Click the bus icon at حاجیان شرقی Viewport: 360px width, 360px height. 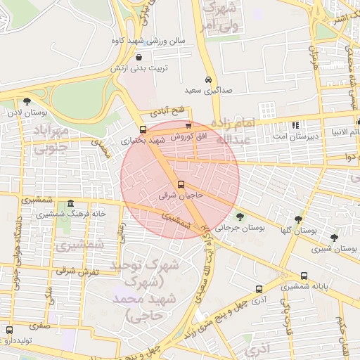coord(181,184)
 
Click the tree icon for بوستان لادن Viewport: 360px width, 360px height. coord(27,101)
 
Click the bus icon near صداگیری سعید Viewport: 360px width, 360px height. coord(208,79)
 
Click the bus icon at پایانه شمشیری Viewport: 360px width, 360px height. coord(304,276)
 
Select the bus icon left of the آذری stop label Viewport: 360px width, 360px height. coord(259,288)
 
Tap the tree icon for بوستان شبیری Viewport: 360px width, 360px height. coord(333,238)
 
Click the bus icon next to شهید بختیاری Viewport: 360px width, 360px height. coord(143,129)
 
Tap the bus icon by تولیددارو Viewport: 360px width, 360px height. coord(9,330)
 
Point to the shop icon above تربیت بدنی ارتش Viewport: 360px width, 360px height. coord(139,58)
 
